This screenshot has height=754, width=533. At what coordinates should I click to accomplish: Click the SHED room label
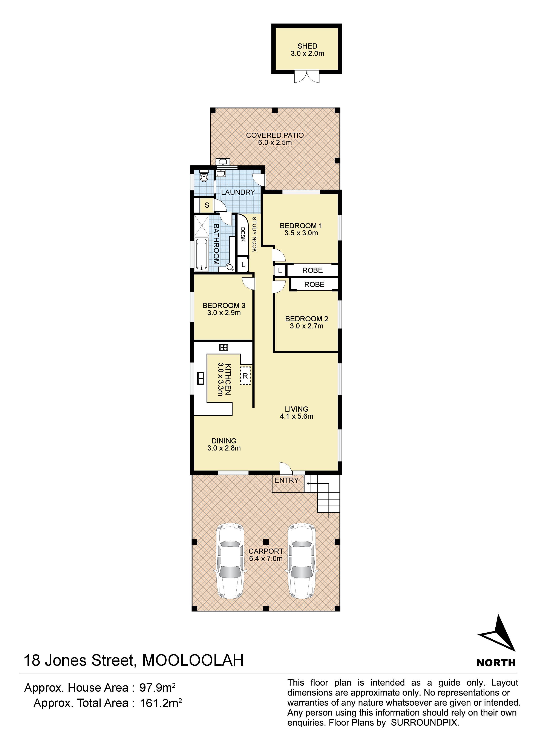[307, 46]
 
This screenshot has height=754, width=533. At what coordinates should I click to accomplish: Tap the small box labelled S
[207, 205]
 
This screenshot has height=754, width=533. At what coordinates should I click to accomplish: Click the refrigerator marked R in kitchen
[245, 375]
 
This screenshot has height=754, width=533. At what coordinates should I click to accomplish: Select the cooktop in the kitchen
[224, 347]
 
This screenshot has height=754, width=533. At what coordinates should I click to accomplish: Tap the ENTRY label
[286, 480]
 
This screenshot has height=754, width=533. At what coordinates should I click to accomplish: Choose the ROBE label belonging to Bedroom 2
[314, 284]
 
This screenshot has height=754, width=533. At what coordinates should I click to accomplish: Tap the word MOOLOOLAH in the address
[193, 661]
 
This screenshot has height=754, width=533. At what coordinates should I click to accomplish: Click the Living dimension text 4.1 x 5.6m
[297, 416]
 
